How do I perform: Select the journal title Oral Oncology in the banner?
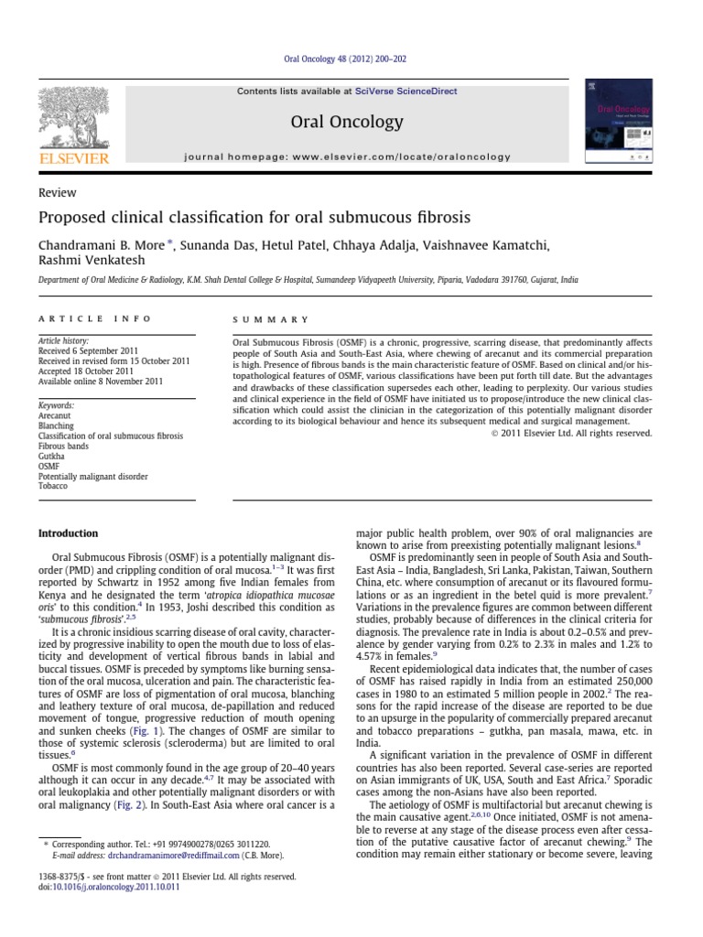(346, 122)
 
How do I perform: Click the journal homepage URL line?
(347, 157)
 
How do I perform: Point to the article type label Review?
(57, 193)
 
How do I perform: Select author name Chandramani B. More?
(104, 246)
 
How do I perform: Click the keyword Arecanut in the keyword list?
(55, 415)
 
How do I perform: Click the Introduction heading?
(67, 533)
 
